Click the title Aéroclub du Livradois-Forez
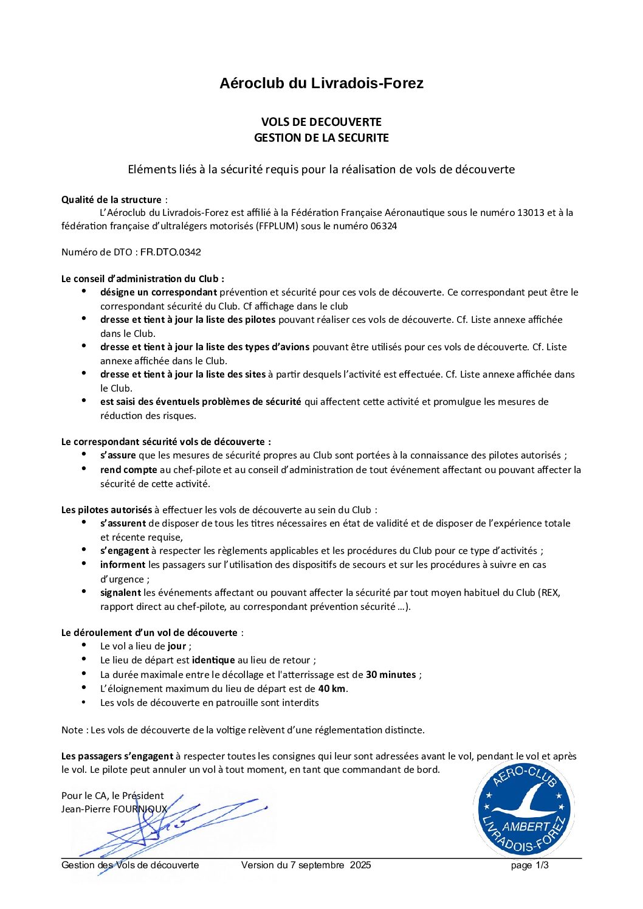tap(321, 83)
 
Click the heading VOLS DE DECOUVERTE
tap(321, 122)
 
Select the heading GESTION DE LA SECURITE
tap(321, 138)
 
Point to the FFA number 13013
tap(532, 213)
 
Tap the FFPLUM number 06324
tap(384, 226)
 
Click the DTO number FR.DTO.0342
tap(171, 252)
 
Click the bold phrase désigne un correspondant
tap(158, 292)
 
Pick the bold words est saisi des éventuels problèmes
tap(201, 402)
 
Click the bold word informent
tap(123, 565)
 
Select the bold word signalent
tap(120, 593)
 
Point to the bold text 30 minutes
tap(391, 675)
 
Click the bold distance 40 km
tap(332, 689)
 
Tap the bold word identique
tap(213, 660)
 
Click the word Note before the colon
tap(72, 730)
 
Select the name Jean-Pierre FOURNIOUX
tap(114, 809)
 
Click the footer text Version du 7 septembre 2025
tap(306, 865)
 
